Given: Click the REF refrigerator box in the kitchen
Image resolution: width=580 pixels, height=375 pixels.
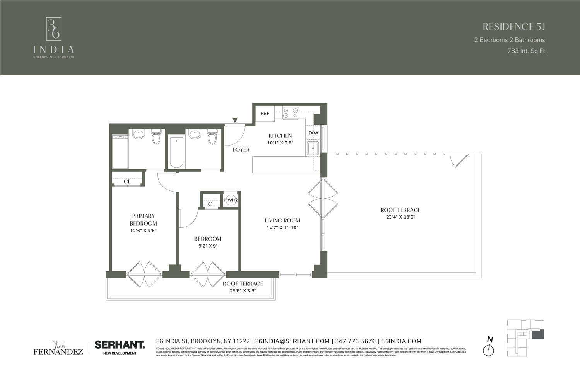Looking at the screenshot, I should coord(265,114).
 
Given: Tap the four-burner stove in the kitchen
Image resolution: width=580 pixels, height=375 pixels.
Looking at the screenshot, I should coord(290,112).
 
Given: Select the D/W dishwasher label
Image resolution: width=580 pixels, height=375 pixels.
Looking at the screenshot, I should coord(313,133).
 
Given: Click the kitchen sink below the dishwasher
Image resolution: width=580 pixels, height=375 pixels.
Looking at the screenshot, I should coord(312,148).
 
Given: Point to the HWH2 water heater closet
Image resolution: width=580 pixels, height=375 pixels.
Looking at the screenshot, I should coord(231,200).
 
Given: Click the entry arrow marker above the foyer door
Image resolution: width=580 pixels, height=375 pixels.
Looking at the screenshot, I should coord(235,121).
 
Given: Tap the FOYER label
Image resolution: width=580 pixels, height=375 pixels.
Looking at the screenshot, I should coord(241,150).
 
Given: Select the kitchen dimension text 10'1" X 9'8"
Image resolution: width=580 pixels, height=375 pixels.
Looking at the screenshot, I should coord(280,143).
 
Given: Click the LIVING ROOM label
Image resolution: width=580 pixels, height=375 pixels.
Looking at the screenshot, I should coord(282,221).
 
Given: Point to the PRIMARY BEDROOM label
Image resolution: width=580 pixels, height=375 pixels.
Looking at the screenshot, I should coord(143,219).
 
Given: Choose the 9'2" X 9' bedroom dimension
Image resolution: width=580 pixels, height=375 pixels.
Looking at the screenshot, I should coord(208,246).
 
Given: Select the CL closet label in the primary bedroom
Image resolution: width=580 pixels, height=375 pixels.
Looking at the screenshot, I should coord(127,182).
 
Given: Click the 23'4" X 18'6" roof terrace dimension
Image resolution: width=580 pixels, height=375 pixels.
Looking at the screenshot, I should coord(400,217).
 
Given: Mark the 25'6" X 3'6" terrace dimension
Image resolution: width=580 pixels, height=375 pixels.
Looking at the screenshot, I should coord(242,291).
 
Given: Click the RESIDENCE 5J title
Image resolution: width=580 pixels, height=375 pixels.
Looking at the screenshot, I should coord(513,27).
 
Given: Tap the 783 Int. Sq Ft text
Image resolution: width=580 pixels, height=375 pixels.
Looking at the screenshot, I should coord(526,51).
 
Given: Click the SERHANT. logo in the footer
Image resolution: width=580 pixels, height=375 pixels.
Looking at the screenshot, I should coord(119,344).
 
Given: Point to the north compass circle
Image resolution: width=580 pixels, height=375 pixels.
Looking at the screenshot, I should coord(489,350).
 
